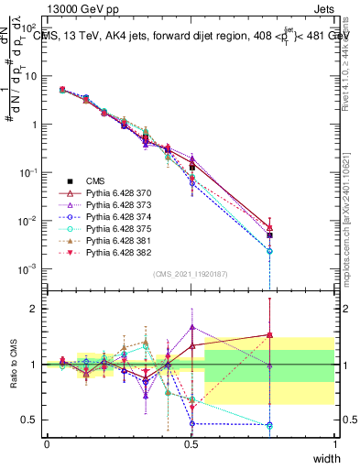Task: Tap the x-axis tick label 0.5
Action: click(191, 443)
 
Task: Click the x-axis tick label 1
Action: click(334, 443)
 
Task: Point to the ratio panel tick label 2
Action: click(33, 309)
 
